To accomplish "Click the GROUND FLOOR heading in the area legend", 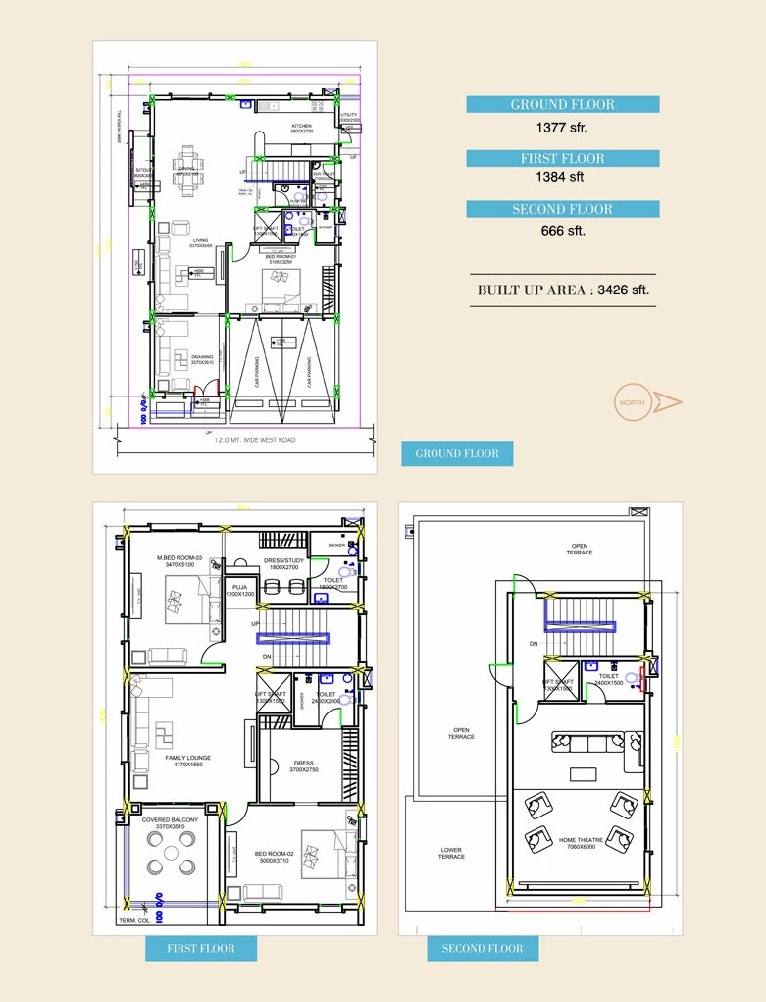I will (x=562, y=105).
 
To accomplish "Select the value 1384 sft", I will (x=562, y=178).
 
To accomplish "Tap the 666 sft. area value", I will (x=562, y=231).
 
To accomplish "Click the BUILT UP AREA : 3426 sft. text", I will (x=563, y=290).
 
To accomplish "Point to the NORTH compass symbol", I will (x=647, y=401).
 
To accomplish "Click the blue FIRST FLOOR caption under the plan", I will (x=202, y=949).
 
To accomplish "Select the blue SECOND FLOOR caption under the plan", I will (x=482, y=949).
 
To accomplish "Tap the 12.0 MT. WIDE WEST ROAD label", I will (x=255, y=440).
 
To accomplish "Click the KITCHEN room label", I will (x=301, y=128).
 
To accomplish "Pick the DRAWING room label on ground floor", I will (x=202, y=358).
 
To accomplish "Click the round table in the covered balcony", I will (x=172, y=853).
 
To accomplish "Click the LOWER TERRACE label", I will (x=451, y=853).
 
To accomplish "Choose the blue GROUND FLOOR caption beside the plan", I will (x=457, y=453).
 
